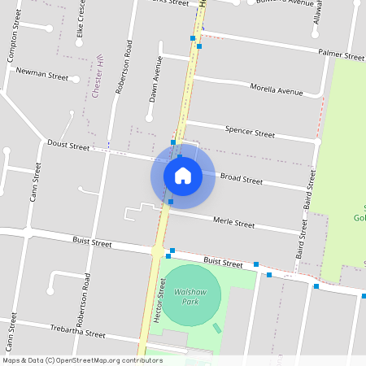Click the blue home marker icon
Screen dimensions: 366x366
tap(183, 175)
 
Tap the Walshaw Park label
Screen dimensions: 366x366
tap(186, 296)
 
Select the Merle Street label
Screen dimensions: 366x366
tap(233, 222)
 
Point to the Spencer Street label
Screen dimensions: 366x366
tap(250, 131)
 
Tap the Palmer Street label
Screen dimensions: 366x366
tap(342, 57)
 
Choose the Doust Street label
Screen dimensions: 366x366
tap(68, 146)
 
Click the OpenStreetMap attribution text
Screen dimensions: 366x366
tap(82, 360)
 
